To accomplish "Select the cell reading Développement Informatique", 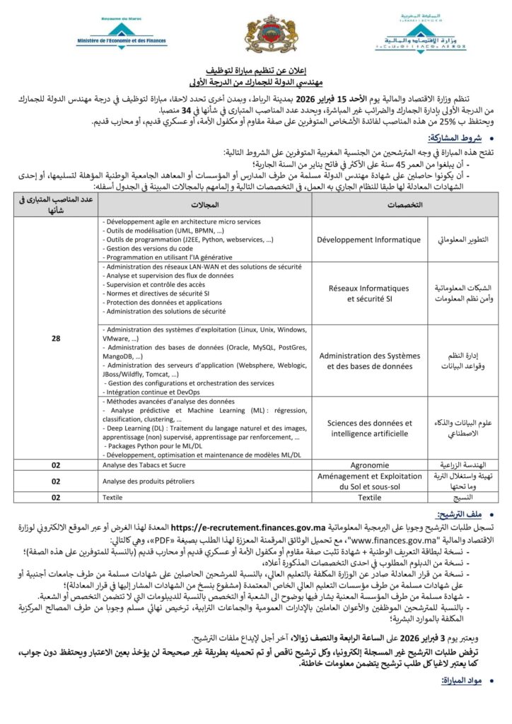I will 369,239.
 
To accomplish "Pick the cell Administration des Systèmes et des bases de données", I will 369,360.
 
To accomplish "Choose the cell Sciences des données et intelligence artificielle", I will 369,427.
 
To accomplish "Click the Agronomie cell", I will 369,465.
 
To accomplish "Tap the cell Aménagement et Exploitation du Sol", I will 369,481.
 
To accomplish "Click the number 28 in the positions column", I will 56,339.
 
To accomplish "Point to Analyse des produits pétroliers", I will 148,481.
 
